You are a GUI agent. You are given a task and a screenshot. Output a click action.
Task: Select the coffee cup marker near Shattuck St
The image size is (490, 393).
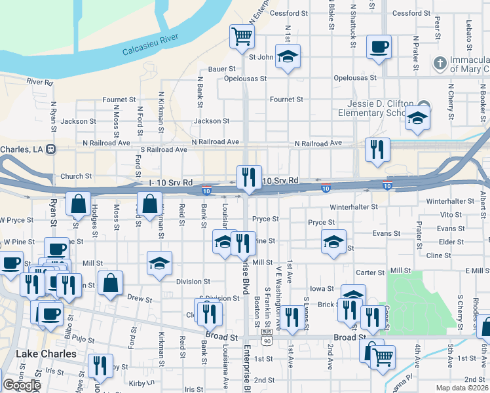tap(379, 47)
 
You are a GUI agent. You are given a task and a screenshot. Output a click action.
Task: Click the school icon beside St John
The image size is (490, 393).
tap(287, 57)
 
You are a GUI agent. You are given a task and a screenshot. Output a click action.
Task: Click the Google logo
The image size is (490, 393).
tap(22, 385)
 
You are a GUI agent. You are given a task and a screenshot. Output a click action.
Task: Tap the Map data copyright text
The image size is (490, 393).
tap(462, 388)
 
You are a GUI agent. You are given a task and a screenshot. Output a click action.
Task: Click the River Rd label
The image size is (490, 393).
tap(40, 82)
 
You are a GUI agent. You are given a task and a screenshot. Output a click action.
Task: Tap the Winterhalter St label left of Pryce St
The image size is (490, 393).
tap(354, 207)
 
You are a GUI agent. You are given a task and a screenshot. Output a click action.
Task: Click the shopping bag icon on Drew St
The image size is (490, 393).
tap(111, 282)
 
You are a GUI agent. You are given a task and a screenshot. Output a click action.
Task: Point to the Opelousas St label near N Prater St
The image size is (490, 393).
tap(355, 78)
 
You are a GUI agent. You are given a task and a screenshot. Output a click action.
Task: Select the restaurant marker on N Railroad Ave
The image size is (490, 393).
tap(378, 149)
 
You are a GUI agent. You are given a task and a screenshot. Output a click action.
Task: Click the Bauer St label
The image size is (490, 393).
tap(222, 68)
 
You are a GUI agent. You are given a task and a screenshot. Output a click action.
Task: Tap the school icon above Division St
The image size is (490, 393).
tap(159, 263)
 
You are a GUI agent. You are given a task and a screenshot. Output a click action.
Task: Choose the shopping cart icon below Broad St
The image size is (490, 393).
tap(383, 357)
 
